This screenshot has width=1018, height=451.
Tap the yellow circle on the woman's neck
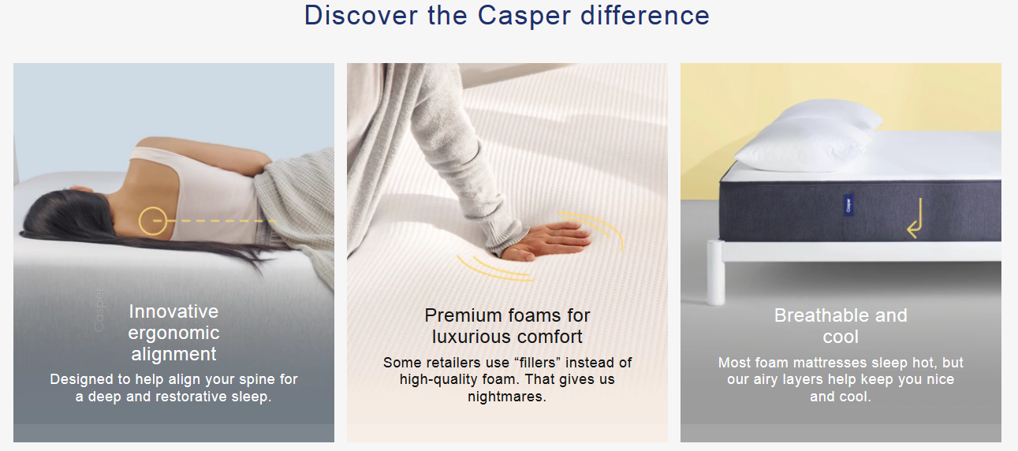click(152, 221)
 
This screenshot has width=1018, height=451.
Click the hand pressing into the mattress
click(545, 239)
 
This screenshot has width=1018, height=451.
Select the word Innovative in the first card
click(173, 311)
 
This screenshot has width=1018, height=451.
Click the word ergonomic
click(173, 333)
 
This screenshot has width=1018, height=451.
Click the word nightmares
click(507, 397)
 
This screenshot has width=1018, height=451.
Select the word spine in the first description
click(235, 379)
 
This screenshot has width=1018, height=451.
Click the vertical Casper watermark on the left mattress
click(99, 308)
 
